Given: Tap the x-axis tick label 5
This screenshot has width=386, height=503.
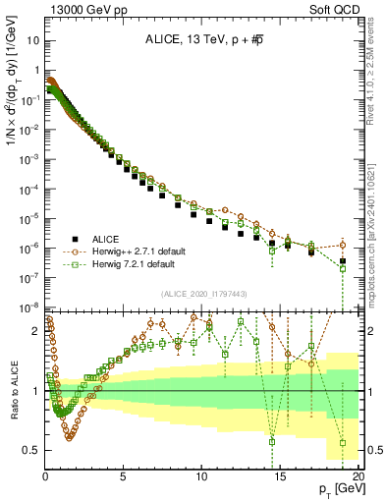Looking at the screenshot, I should click(x=123, y=476).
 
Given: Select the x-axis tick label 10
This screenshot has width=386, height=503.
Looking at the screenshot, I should click(x=201, y=476).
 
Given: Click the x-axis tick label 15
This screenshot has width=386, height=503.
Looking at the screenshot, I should click(x=280, y=476).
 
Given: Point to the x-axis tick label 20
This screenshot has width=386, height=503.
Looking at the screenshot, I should click(x=358, y=476).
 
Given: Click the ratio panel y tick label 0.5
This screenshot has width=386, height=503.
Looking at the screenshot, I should click(x=32, y=450).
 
